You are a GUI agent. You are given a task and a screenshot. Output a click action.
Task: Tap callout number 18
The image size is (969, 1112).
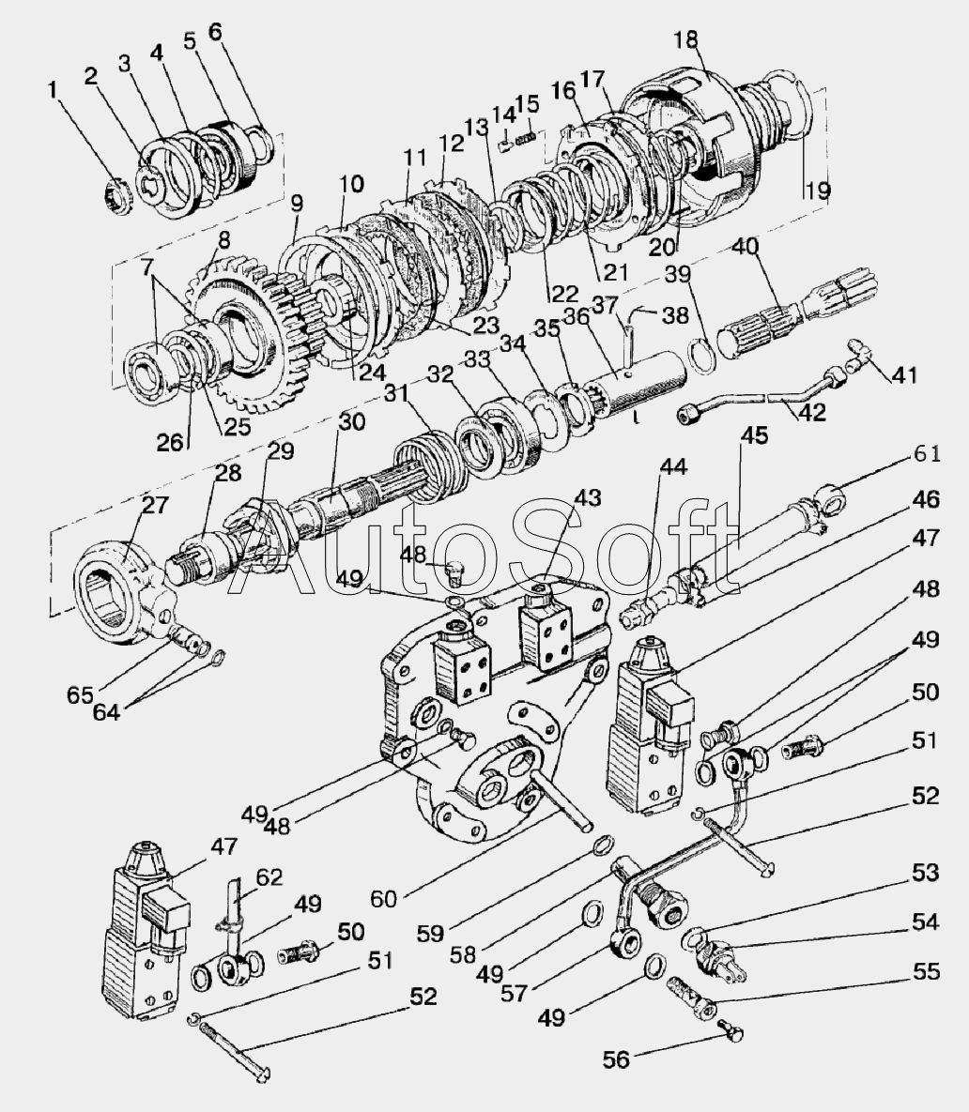click(x=686, y=39)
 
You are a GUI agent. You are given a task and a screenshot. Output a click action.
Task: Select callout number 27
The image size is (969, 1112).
click(x=153, y=506)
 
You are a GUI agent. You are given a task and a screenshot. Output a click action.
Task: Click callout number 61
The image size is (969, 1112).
click(x=927, y=454)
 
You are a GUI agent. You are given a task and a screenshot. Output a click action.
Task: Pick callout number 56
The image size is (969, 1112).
click(x=615, y=1059)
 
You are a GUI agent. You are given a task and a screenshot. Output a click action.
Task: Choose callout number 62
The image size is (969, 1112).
click(x=269, y=878)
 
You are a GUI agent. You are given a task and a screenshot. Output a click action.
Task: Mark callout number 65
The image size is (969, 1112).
click(x=79, y=695)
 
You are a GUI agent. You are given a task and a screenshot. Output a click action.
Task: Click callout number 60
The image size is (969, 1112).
click(x=383, y=898)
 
